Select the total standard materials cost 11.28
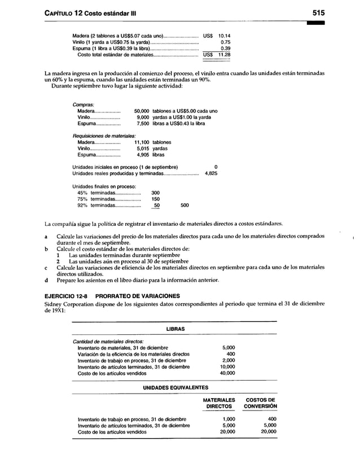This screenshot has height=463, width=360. click(224, 55)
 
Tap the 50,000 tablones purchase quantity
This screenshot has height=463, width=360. click(141, 111)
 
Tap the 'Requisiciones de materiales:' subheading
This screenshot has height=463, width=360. click(104, 136)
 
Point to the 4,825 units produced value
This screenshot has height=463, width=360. click(210, 174)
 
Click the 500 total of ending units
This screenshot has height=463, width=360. click(185, 206)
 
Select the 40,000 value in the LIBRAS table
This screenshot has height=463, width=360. click(227, 373)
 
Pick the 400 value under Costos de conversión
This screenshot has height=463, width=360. click(270, 419)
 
